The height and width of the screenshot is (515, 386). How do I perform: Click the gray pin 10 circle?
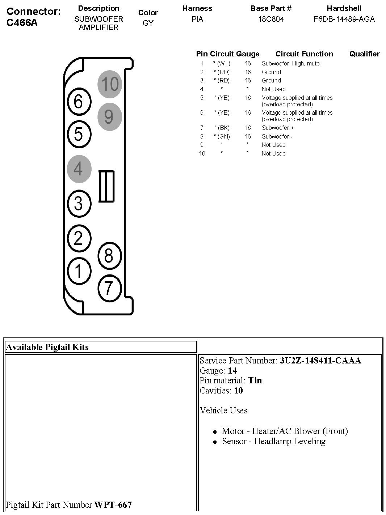click(110, 84)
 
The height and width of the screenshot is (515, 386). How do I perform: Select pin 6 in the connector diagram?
click(79, 101)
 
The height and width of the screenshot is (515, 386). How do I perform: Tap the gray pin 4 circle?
click(79, 169)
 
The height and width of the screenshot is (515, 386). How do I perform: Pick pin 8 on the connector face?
click(109, 256)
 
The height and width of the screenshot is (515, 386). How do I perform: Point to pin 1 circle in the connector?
click(79, 270)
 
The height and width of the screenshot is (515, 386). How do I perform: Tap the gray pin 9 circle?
click(109, 116)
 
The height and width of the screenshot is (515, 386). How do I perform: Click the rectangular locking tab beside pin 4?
click(106, 186)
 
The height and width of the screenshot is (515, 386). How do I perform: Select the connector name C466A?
click(22, 23)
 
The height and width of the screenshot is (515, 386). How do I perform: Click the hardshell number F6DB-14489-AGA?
click(344, 19)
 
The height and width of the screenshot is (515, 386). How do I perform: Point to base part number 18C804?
click(271, 19)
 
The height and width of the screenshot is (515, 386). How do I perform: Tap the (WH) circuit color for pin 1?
click(222, 64)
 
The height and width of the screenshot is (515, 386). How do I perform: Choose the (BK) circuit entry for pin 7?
click(222, 128)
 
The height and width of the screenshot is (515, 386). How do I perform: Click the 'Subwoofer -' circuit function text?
click(277, 137)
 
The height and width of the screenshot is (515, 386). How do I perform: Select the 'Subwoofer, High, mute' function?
click(290, 64)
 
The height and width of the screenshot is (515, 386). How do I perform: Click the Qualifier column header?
click(364, 54)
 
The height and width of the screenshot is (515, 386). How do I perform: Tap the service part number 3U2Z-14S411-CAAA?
click(320, 361)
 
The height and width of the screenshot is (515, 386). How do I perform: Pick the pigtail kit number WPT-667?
click(113, 505)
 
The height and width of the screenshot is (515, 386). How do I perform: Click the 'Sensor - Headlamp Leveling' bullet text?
click(273, 441)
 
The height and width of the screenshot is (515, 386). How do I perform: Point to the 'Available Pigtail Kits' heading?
click(47, 347)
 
